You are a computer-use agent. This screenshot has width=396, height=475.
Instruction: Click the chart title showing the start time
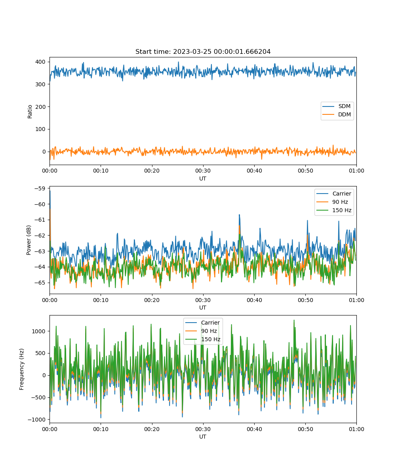point(203,51)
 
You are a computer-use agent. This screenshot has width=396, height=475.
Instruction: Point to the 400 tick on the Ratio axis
point(40,62)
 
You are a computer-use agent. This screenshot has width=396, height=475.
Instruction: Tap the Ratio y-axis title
point(30,112)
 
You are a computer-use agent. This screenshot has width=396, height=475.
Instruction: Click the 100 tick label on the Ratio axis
point(40,129)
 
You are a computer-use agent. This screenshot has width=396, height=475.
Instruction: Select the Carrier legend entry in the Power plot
point(334,194)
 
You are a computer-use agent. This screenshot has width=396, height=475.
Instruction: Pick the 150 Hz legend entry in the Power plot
point(334,210)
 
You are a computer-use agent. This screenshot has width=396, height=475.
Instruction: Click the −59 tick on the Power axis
point(40,188)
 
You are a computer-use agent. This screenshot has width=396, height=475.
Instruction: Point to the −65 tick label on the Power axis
point(40,283)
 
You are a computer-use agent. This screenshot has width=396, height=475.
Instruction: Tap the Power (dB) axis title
point(29,240)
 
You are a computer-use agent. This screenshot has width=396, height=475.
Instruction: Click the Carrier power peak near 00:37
point(239,215)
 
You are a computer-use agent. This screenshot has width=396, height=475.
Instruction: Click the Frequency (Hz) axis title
point(22,369)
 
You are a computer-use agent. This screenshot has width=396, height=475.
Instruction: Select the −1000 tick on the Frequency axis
point(37,420)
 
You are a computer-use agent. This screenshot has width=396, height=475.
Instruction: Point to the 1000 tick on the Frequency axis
point(39,331)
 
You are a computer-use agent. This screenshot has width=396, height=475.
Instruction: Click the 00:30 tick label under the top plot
point(203,171)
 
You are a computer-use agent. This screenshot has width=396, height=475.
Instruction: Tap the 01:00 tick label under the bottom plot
point(356,429)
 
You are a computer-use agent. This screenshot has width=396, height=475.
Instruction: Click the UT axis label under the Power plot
point(203,308)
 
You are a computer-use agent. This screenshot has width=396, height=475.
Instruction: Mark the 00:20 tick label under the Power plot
point(152,300)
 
